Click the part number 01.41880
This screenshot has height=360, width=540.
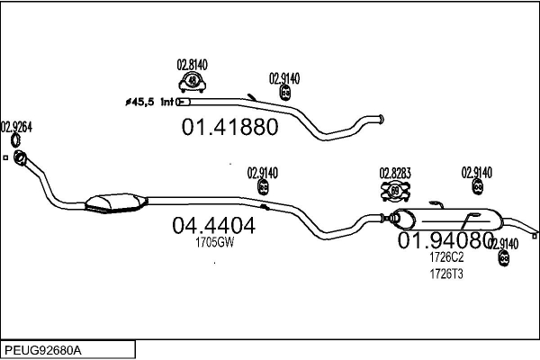pos(229,126)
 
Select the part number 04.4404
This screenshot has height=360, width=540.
pos(214,226)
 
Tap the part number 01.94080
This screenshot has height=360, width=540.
pos(445,240)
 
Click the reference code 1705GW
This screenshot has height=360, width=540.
pos(215,242)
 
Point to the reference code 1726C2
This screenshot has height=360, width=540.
pos(446,257)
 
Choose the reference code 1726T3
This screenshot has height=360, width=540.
pos(446,274)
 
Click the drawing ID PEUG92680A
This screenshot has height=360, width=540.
pos(43,350)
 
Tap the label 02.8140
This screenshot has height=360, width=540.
pos(193,65)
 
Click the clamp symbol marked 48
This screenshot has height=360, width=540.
pos(193,82)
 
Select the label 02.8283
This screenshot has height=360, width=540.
pos(395,174)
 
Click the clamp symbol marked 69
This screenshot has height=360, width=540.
pos(395,191)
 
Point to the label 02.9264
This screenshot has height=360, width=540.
pos(16,127)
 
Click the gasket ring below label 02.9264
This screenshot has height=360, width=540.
pos(16,140)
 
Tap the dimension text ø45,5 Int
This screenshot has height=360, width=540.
pos(150,102)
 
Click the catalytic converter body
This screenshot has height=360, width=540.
pos(116,203)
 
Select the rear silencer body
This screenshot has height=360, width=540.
pos(447,219)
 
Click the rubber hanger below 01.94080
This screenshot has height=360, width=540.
pos(504,257)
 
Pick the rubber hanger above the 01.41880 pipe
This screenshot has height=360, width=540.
pos(285,93)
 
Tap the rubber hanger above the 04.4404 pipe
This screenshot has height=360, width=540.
pos(264,187)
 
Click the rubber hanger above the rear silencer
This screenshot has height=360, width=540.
pos(477,186)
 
